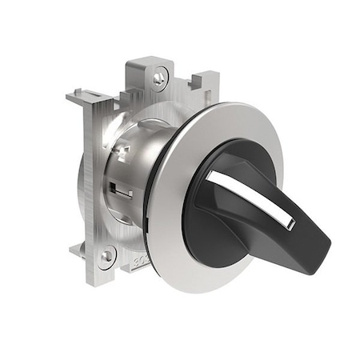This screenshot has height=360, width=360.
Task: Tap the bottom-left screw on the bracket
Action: [x=106, y=255]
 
